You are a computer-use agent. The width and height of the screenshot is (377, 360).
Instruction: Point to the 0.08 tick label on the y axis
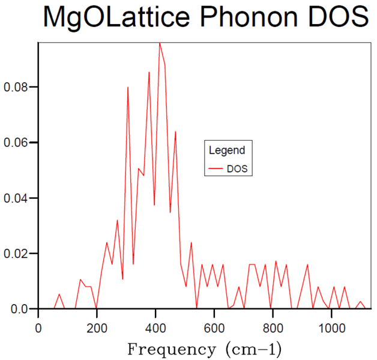point(16,87)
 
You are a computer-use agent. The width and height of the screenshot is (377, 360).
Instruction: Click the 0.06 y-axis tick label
point(16,142)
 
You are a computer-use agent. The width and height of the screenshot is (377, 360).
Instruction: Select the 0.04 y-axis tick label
point(16,198)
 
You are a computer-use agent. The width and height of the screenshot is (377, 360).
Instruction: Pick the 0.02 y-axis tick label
point(16,254)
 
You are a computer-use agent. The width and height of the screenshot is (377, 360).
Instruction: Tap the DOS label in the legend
point(237,169)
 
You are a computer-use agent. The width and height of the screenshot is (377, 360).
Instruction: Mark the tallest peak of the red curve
point(159,43)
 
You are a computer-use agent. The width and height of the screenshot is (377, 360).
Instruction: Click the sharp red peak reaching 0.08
point(128,87)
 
